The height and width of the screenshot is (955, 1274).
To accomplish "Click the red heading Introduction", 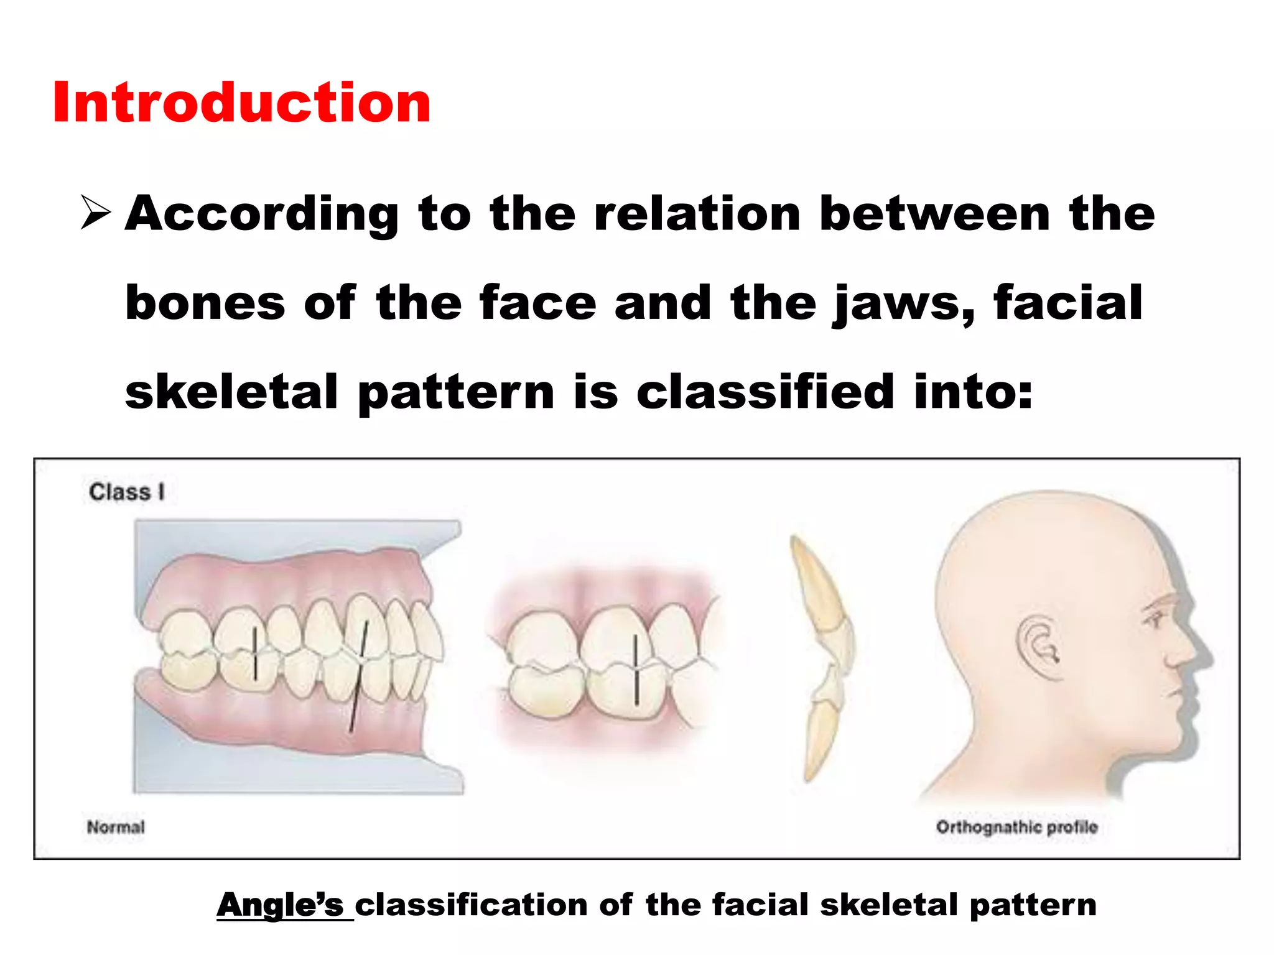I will tap(241, 103).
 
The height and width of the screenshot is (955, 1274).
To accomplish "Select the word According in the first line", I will tap(261, 215).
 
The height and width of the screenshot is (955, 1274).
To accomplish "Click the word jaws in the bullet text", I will tap(903, 304).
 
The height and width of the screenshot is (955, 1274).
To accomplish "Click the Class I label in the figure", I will tap(127, 492).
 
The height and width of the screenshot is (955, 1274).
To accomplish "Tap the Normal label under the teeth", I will tap(116, 827).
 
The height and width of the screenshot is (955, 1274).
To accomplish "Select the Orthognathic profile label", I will tap(1016, 827).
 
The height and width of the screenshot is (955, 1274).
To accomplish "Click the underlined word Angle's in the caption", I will tap(280, 905).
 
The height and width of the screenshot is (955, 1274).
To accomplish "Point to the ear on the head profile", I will tap(1038, 647).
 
